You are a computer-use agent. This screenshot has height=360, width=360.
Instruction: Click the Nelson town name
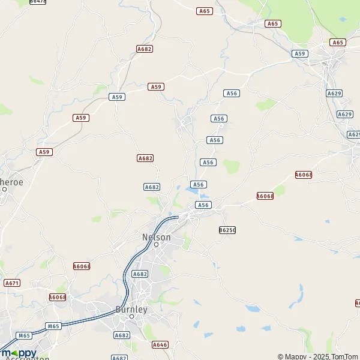pos(156,237)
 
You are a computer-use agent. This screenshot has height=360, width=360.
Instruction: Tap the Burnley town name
pos(131,310)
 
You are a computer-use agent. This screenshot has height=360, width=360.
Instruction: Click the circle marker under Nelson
pos(156,245)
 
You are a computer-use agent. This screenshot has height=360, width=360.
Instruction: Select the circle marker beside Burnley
pos(131,317)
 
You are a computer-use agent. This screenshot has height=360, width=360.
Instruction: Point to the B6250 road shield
pos(227,230)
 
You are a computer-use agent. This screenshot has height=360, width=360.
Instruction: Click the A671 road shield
pos(11,282)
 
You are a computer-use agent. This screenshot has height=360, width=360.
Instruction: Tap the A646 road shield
pos(160,344)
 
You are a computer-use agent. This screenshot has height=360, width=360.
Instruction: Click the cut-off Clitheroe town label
pos(11,181)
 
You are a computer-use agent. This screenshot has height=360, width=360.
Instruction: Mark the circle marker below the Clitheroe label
pos(4,189)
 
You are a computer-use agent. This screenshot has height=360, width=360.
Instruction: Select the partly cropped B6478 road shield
pos(37,2)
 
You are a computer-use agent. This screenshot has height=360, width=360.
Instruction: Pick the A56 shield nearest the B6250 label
pos(203,205)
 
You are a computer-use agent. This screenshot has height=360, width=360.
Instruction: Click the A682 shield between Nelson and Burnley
pos(139,274)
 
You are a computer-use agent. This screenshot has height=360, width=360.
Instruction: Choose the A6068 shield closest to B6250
pos(265,196)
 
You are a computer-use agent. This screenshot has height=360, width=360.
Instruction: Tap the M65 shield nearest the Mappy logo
pos(25,335)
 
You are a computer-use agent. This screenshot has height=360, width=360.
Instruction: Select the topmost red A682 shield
pos(144,49)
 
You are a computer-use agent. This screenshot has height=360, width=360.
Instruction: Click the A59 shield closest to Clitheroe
pos(44,152)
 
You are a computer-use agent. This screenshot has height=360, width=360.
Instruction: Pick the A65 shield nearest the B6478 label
pos(204,11)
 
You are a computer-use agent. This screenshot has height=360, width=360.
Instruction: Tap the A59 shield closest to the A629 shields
pos(300,54)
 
